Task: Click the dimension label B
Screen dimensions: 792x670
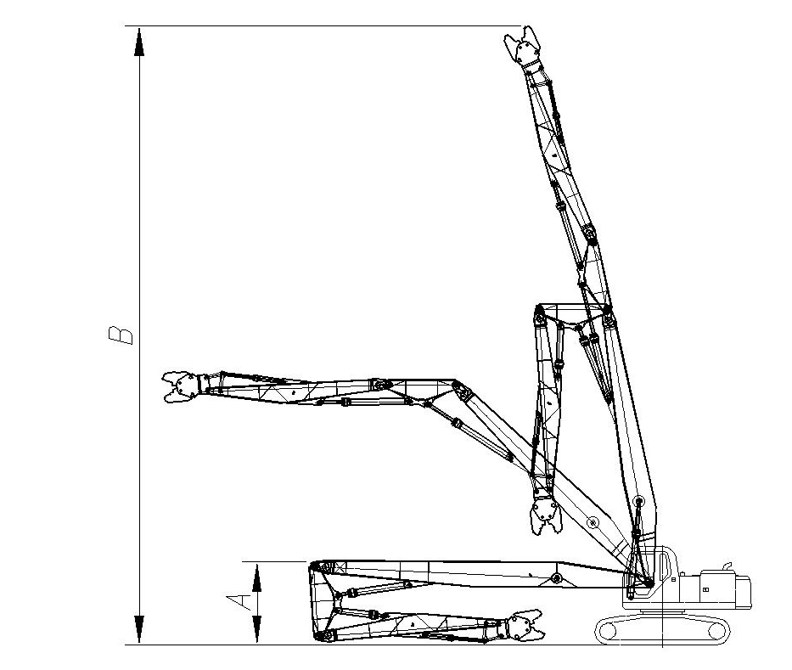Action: point(121,335)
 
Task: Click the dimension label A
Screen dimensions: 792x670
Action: point(239,602)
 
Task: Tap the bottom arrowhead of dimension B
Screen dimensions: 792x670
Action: point(139,629)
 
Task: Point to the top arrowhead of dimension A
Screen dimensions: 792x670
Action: point(257,578)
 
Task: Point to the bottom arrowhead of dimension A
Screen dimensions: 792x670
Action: point(257,629)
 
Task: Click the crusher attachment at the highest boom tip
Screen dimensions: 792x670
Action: point(524,47)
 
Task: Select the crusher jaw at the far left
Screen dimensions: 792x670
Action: point(181,386)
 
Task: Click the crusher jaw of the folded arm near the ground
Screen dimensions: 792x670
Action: point(525,626)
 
